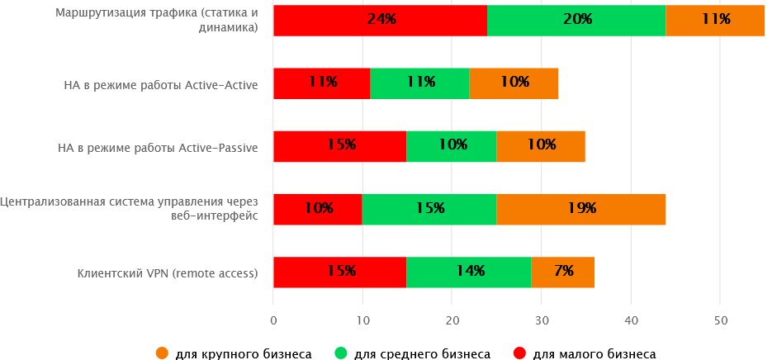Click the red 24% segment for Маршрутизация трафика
(380, 20)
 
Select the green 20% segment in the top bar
(576, 20)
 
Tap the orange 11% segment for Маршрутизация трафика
(714, 20)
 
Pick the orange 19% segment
(580, 209)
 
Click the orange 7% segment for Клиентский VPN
(562, 272)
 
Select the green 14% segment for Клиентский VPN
(468, 272)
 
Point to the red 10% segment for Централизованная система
(317, 209)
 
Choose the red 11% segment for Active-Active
(321, 83)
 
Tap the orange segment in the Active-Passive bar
(540, 145)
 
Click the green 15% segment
(429, 209)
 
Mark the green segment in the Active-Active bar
(419, 83)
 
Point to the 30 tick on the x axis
(541, 320)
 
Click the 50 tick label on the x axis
(719, 320)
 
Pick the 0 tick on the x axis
(273, 320)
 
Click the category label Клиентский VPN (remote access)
(168, 272)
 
